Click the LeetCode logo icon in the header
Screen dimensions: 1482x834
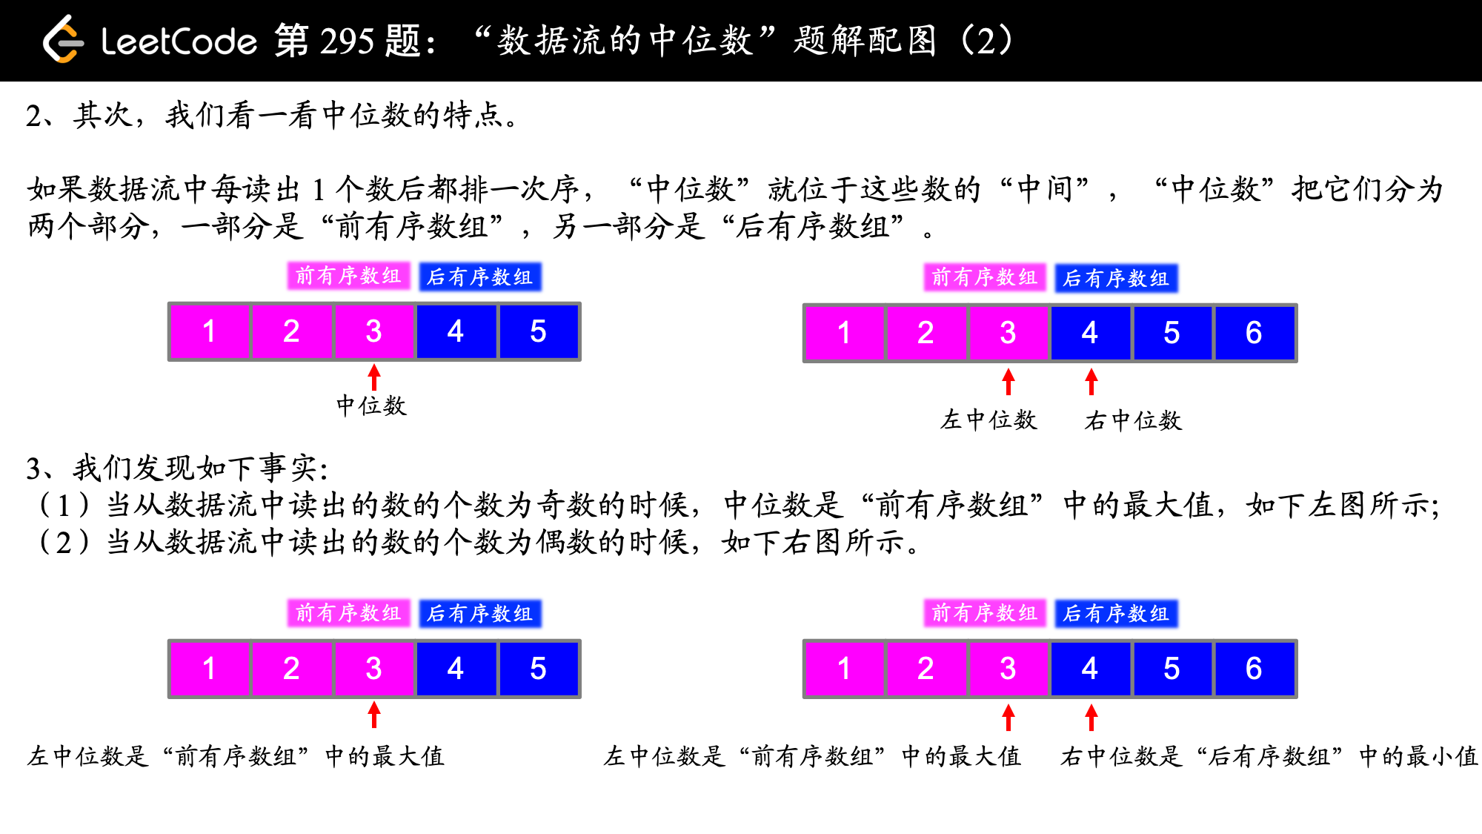point(62,40)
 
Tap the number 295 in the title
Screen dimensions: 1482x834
point(348,41)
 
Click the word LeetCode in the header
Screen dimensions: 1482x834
point(179,42)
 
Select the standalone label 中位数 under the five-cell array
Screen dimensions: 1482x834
point(371,406)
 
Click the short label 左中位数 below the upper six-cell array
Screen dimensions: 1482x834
point(988,420)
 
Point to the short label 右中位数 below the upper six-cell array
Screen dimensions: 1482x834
point(1133,421)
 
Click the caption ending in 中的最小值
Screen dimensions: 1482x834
point(1269,756)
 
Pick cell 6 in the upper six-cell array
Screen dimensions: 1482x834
point(1253,333)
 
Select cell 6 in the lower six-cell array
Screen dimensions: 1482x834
point(1253,669)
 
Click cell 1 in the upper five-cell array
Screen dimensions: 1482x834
point(209,331)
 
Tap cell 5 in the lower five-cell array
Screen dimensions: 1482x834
point(538,669)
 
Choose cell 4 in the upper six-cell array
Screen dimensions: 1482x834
point(1089,333)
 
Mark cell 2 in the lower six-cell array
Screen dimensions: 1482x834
point(926,669)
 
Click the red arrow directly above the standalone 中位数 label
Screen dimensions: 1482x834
point(374,377)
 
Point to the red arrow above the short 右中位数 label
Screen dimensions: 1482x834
point(1091,381)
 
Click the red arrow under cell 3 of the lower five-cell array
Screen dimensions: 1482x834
point(374,715)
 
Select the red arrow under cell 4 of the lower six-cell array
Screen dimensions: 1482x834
point(1091,717)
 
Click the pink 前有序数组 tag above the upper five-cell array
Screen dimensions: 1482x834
point(348,276)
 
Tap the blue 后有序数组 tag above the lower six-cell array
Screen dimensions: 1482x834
point(1116,614)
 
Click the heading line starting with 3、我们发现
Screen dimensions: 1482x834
point(177,468)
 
